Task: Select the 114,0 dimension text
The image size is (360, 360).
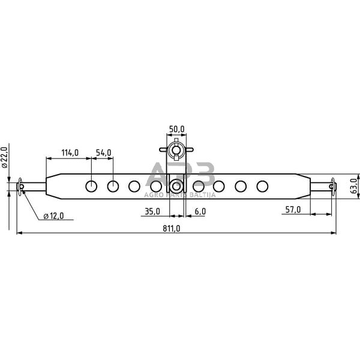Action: (x=70, y=153)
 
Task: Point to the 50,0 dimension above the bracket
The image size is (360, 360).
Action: (x=176, y=129)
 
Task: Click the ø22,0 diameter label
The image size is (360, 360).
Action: (x=5, y=157)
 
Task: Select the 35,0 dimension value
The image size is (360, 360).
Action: (x=152, y=211)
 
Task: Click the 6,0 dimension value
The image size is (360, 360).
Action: (x=200, y=211)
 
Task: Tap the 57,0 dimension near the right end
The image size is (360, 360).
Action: (x=293, y=209)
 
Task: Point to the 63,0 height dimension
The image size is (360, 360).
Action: (x=354, y=185)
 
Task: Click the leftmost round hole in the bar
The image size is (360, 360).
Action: (x=91, y=186)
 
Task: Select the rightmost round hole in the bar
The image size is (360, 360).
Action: (x=262, y=186)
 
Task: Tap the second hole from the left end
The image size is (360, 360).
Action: (x=113, y=186)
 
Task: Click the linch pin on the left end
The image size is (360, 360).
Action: (x=22, y=187)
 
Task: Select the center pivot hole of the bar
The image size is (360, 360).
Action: (x=176, y=186)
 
